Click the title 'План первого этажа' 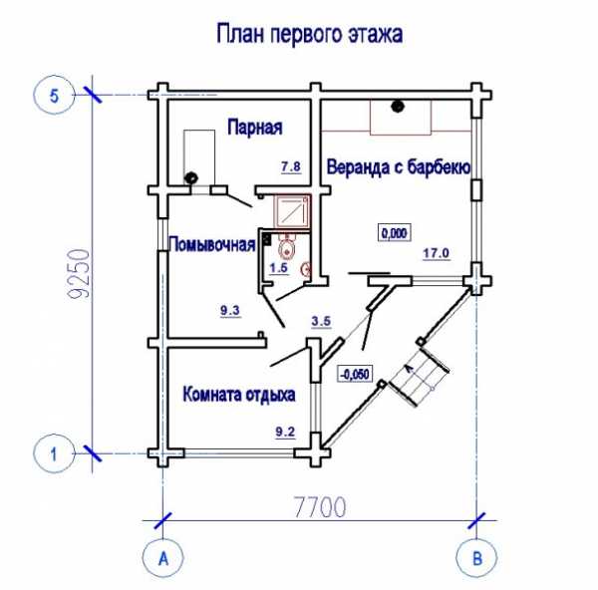[x=309, y=36]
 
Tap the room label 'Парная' [x=254, y=128]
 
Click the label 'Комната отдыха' [x=239, y=395]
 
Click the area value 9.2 [x=285, y=432]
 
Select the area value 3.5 [x=321, y=321]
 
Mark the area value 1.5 [x=278, y=267]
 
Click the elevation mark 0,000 [x=394, y=233]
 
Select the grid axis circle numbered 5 [x=55, y=96]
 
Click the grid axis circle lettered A [x=161, y=559]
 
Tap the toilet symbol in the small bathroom [x=288, y=248]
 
